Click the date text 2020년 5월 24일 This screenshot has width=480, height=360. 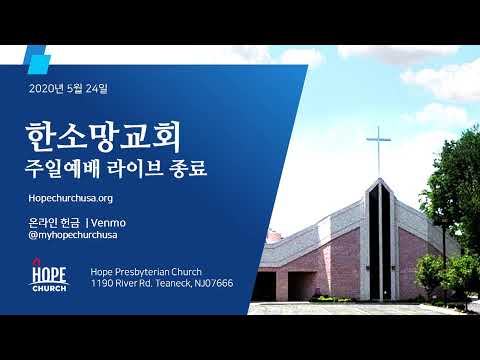coord(68,88)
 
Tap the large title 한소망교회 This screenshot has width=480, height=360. coord(103,137)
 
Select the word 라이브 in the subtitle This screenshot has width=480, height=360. coord(135,168)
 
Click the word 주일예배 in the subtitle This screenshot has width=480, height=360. coord(62,168)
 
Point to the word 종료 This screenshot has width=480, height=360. coord(188,168)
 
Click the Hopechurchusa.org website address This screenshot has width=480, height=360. coord(71,198)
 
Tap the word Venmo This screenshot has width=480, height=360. coord(108,223)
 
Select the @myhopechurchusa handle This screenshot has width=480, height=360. coord(73,235)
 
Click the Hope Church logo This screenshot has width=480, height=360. coord(49,275)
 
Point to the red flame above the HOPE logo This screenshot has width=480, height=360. coord(36,261)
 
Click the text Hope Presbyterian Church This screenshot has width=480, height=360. coord(146,272)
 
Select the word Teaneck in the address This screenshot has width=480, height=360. coord(173,283)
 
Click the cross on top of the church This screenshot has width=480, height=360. coord(378,152)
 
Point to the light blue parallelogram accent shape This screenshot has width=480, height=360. coord(37,60)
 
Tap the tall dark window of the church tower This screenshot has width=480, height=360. coord(380,240)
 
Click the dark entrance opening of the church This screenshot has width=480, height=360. coord(302,286)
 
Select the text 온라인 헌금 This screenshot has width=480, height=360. coord(54,223)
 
